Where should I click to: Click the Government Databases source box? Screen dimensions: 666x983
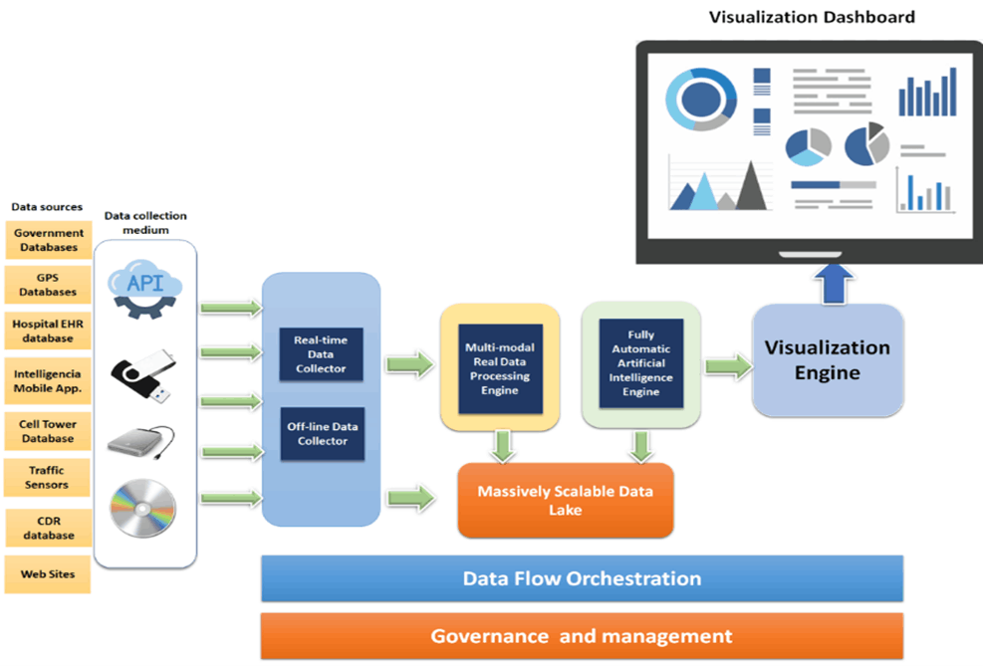point(48,240)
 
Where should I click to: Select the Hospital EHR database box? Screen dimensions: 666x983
point(48,331)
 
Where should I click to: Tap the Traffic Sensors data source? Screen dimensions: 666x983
point(48,477)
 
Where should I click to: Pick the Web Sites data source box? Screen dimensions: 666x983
point(48,574)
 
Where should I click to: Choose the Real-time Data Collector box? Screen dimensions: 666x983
point(321,355)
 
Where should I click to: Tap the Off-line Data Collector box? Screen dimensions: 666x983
point(321,434)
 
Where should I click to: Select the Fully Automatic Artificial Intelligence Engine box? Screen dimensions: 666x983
point(640,363)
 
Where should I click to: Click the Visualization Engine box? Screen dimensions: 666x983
point(828,360)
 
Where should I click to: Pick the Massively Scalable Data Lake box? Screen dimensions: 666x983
point(564,500)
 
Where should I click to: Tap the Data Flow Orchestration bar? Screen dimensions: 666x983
point(582,578)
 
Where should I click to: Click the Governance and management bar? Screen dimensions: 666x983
point(582,636)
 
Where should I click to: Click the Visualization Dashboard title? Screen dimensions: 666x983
point(811,17)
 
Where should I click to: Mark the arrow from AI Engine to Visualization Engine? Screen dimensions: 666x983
point(727,366)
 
